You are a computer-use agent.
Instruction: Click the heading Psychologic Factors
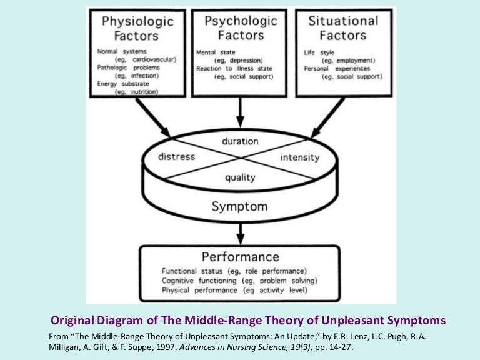(239, 27)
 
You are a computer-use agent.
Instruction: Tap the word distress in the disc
(176, 156)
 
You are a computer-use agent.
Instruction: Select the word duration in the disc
(240, 141)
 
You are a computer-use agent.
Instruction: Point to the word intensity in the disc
(300, 157)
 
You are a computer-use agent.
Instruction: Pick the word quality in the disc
(239, 177)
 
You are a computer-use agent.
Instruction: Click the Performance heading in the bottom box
(239, 256)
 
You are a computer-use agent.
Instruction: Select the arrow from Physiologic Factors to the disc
(152, 117)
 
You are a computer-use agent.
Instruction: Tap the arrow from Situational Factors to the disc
(327, 117)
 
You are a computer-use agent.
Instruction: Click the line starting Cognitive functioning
(234, 281)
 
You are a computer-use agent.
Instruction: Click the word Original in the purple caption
(74, 321)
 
